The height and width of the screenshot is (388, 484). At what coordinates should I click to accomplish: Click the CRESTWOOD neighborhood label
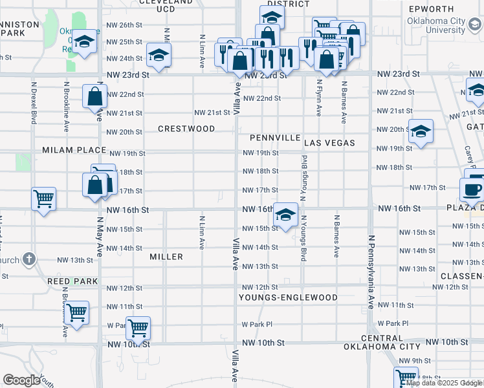tap(186, 129)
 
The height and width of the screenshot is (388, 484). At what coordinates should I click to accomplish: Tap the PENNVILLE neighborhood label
tap(275, 138)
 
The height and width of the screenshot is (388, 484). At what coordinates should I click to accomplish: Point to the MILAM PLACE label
tap(74, 150)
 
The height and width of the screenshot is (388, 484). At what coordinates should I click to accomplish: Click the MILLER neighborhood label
tap(166, 257)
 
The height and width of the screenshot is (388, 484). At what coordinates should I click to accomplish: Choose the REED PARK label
tap(72, 281)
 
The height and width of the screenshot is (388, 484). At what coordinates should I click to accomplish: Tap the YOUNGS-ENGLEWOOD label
tap(288, 297)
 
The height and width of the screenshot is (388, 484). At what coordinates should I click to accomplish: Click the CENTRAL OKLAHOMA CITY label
tap(382, 342)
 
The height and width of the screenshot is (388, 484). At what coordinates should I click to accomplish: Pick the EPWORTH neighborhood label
tap(431, 9)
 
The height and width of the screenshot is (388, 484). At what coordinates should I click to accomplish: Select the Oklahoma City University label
tap(436, 25)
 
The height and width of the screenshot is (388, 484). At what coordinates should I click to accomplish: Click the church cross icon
tap(28, 260)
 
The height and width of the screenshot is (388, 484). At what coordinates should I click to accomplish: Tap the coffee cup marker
tap(472, 189)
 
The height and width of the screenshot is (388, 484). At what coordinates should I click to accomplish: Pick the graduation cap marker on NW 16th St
tap(284, 215)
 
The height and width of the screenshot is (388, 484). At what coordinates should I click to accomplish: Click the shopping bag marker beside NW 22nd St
tap(94, 97)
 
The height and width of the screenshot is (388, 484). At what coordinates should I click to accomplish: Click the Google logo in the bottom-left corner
tap(21, 380)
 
